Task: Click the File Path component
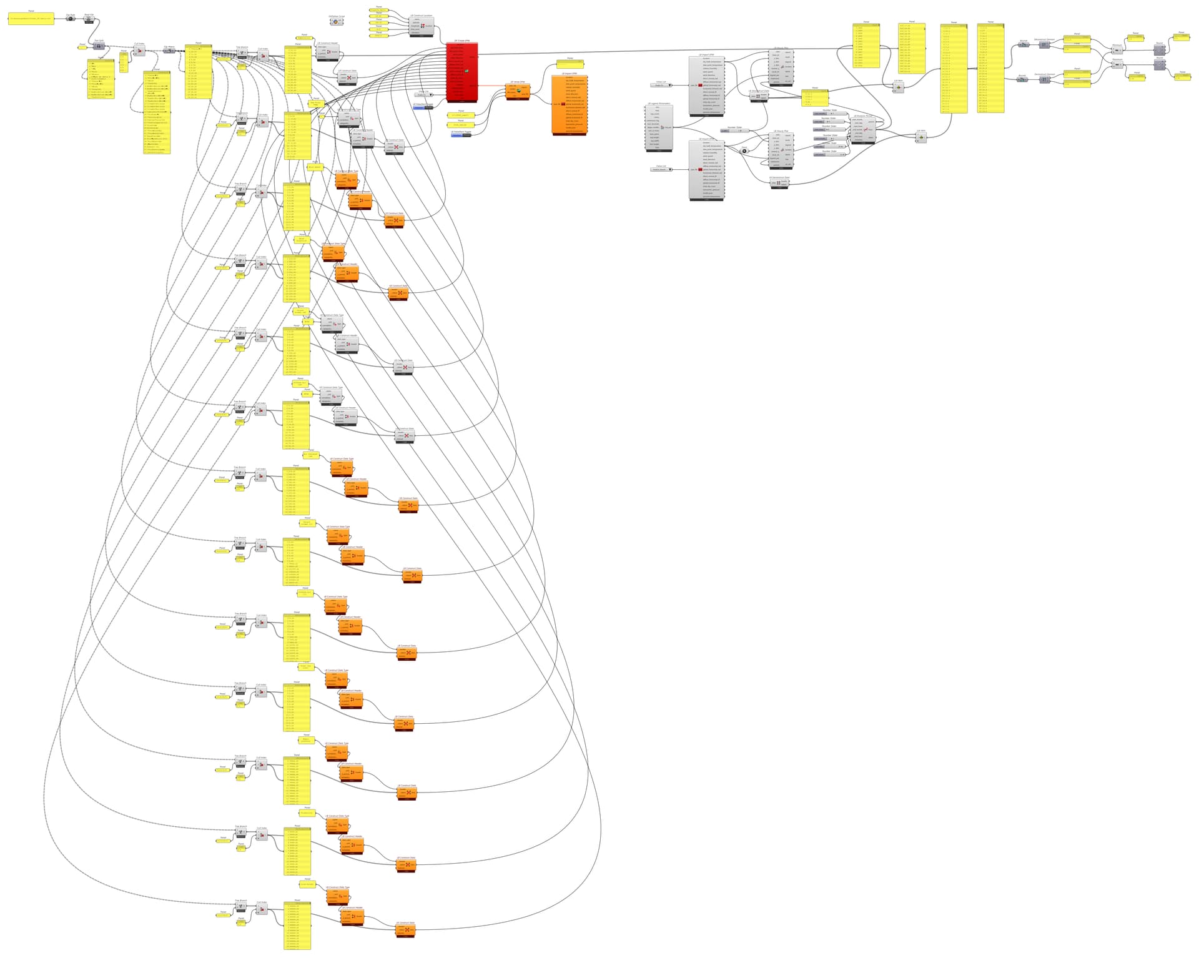click(x=71, y=19)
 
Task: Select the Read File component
click(x=89, y=19)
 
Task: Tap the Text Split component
click(x=99, y=46)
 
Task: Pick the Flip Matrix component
click(x=169, y=51)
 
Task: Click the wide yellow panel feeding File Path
click(x=31, y=19)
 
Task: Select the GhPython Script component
click(x=336, y=22)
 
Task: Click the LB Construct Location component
click(x=422, y=26)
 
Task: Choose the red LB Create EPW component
click(x=462, y=72)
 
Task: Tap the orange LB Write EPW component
click(x=518, y=91)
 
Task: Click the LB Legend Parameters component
click(x=659, y=127)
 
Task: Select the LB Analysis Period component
click(x=863, y=129)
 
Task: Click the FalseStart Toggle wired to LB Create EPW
click(x=423, y=107)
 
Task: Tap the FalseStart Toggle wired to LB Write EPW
click(x=461, y=135)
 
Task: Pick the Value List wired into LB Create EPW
click(x=423, y=95)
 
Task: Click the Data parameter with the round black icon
click(x=744, y=151)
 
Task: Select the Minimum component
click(x=1117, y=51)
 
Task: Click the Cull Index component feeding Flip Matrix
click(x=140, y=50)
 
